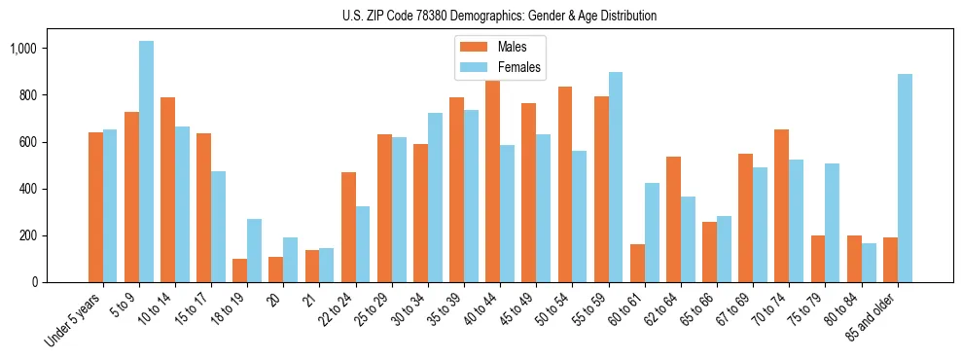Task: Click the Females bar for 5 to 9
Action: pos(146,162)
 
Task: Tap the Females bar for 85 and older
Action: pos(905,178)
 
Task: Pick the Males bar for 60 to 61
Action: pos(637,263)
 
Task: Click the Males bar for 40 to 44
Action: pos(493,181)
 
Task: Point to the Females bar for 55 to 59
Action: pos(616,177)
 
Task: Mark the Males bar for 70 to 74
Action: pos(746,205)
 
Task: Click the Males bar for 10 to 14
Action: pos(167,190)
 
